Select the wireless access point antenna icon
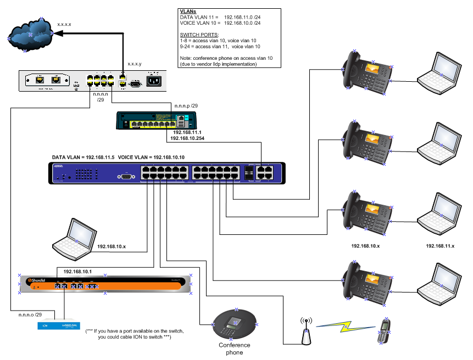point(304,329)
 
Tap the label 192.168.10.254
point(190,139)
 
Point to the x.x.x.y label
point(135,64)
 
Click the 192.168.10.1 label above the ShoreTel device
point(77,272)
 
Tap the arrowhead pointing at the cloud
point(61,34)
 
